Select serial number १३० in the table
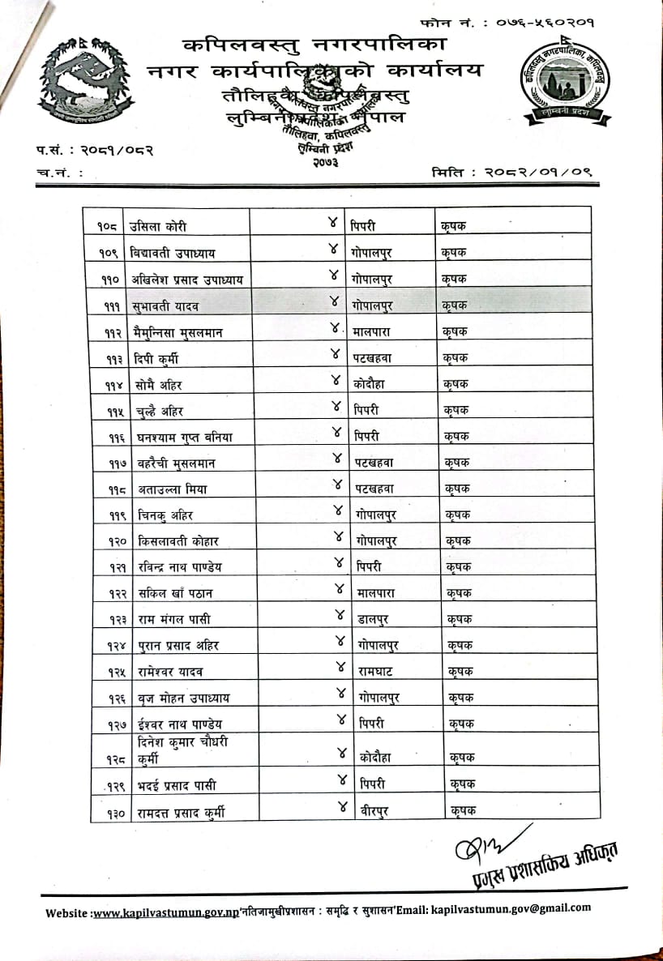tap(108, 811)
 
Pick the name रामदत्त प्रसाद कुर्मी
tap(181, 811)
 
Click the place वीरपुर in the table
tap(373, 810)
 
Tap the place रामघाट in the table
tap(379, 672)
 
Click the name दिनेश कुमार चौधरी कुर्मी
tap(183, 750)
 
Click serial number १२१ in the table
tap(108, 567)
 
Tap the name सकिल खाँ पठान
tap(175, 594)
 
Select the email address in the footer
tap(511, 908)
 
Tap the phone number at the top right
tap(549, 23)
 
